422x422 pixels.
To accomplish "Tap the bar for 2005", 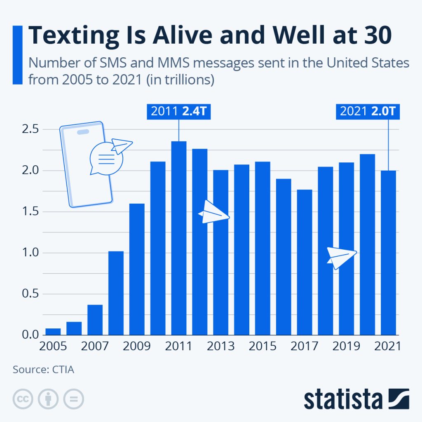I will click(53, 332).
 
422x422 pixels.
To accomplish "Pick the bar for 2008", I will click(116, 293).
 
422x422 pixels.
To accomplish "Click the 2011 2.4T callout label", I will click(178, 112).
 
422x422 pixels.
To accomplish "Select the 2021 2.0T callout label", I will click(368, 112).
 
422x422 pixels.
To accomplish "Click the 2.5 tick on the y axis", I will click(30, 129).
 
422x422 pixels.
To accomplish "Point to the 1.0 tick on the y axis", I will click(30, 253).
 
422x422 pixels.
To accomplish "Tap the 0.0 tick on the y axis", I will click(30, 335).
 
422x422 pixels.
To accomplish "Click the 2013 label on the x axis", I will click(220, 346).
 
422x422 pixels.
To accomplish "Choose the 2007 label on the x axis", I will click(95, 346).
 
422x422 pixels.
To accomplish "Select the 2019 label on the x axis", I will click(346, 346).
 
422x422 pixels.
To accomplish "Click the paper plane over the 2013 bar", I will click(213, 213).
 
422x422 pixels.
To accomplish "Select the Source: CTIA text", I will click(43, 369).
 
